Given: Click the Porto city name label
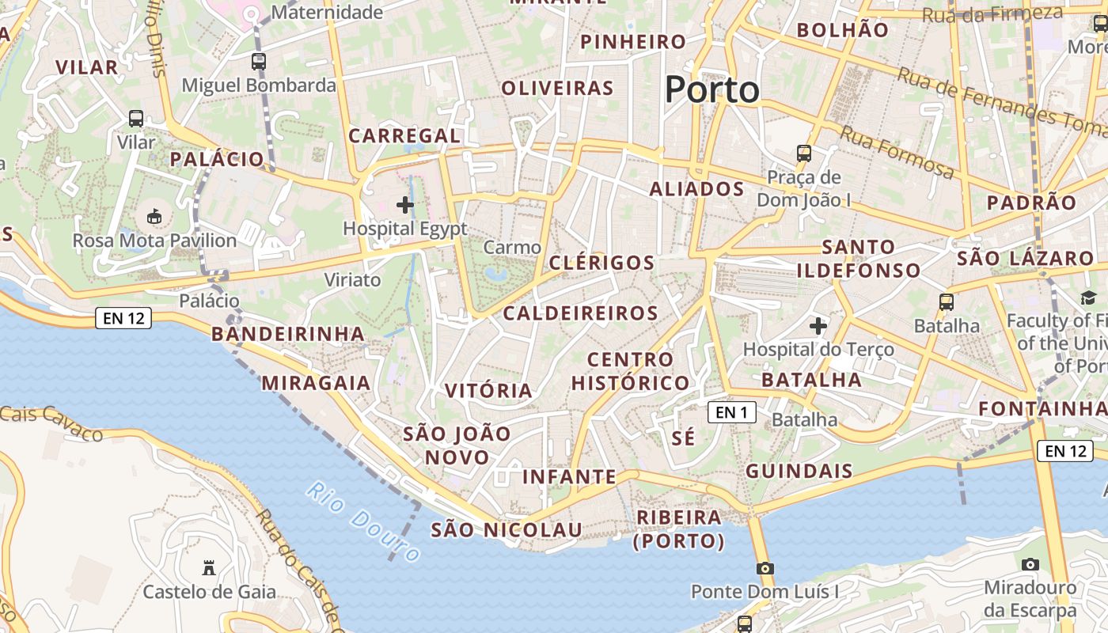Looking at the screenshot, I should click(x=711, y=89).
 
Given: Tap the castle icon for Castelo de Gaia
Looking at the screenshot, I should click(x=209, y=567).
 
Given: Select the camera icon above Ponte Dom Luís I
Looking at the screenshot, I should click(x=765, y=568).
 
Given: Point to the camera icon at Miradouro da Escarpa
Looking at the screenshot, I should click(x=1030, y=564).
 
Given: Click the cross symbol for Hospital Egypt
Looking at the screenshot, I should click(x=405, y=205).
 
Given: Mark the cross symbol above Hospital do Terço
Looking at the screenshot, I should click(x=818, y=325).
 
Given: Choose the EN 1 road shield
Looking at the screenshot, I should click(x=731, y=411).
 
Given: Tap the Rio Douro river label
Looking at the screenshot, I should click(x=363, y=522).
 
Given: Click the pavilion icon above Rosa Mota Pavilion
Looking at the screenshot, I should click(x=154, y=216).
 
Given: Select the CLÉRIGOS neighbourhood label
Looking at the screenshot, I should click(x=601, y=263).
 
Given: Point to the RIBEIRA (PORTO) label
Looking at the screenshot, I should click(x=679, y=529).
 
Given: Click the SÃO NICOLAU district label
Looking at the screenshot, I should click(x=507, y=530).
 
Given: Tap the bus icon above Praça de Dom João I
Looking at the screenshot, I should click(x=804, y=153).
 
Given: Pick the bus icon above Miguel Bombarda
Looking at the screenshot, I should click(x=259, y=61).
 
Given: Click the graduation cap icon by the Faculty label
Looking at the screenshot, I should click(x=1088, y=298).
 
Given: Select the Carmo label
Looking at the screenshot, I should click(x=512, y=248).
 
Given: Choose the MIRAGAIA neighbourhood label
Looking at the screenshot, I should click(x=316, y=383).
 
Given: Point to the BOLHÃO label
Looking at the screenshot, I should click(x=843, y=30).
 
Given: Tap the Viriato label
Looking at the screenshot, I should click(x=352, y=280).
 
